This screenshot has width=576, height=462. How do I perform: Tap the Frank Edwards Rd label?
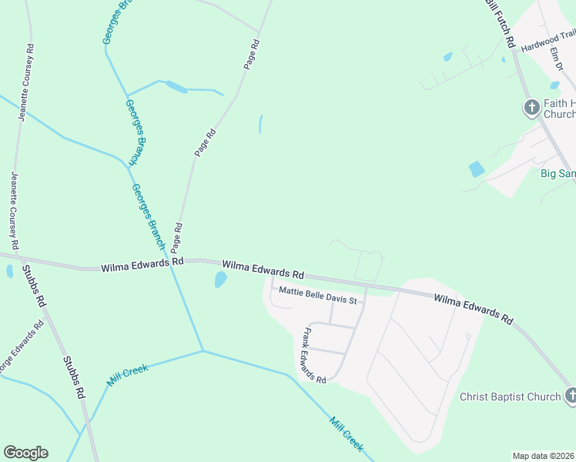tap(314, 356)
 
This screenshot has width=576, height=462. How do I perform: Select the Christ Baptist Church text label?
tap(510, 397)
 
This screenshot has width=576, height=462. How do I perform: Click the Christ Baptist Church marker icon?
tap(571, 396)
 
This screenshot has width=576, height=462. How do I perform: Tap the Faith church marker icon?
tap(531, 107)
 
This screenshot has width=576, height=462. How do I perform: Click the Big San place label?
tap(558, 174)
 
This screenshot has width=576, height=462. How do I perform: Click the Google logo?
tap(25, 453)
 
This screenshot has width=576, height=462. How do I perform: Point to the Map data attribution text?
tap(543, 456)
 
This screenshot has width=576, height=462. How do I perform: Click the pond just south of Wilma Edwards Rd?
tap(220, 280)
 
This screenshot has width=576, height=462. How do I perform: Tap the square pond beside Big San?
tap(477, 169)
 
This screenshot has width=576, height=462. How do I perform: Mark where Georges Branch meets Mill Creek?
tap(203, 351)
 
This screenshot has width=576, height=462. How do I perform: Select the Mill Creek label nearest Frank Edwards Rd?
tap(346, 434)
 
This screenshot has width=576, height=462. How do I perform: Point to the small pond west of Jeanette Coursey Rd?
tap(9, 271)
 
